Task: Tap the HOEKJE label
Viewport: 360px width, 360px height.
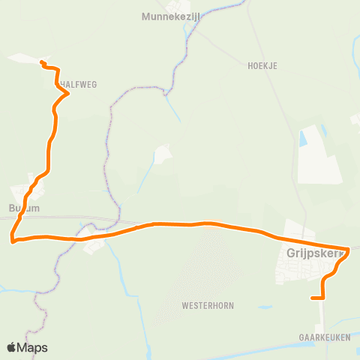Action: (262, 66)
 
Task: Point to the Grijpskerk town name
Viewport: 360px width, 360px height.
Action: (313, 253)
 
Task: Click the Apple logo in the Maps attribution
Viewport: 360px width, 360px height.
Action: (11, 347)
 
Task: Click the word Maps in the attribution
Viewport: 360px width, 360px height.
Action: (33, 347)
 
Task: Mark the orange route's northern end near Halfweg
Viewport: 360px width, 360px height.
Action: (41, 62)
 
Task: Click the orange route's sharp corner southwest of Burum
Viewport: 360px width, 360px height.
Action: (12, 241)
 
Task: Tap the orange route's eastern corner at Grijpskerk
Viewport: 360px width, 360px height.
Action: (349, 249)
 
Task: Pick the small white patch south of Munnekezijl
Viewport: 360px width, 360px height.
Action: (161, 154)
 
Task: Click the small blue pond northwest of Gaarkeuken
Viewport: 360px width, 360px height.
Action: (265, 307)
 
